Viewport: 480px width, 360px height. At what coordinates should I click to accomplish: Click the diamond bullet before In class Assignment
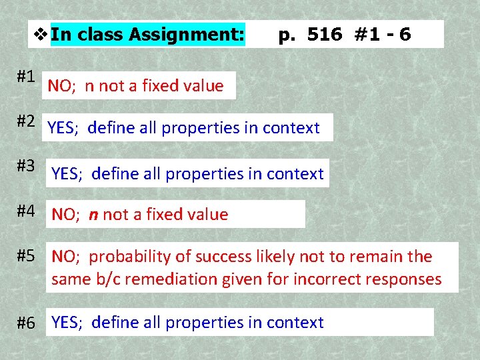[x=41, y=33]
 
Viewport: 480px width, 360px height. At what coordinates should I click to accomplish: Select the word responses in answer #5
[x=407, y=279]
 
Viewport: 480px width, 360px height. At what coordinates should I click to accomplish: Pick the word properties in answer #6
[x=205, y=323]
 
